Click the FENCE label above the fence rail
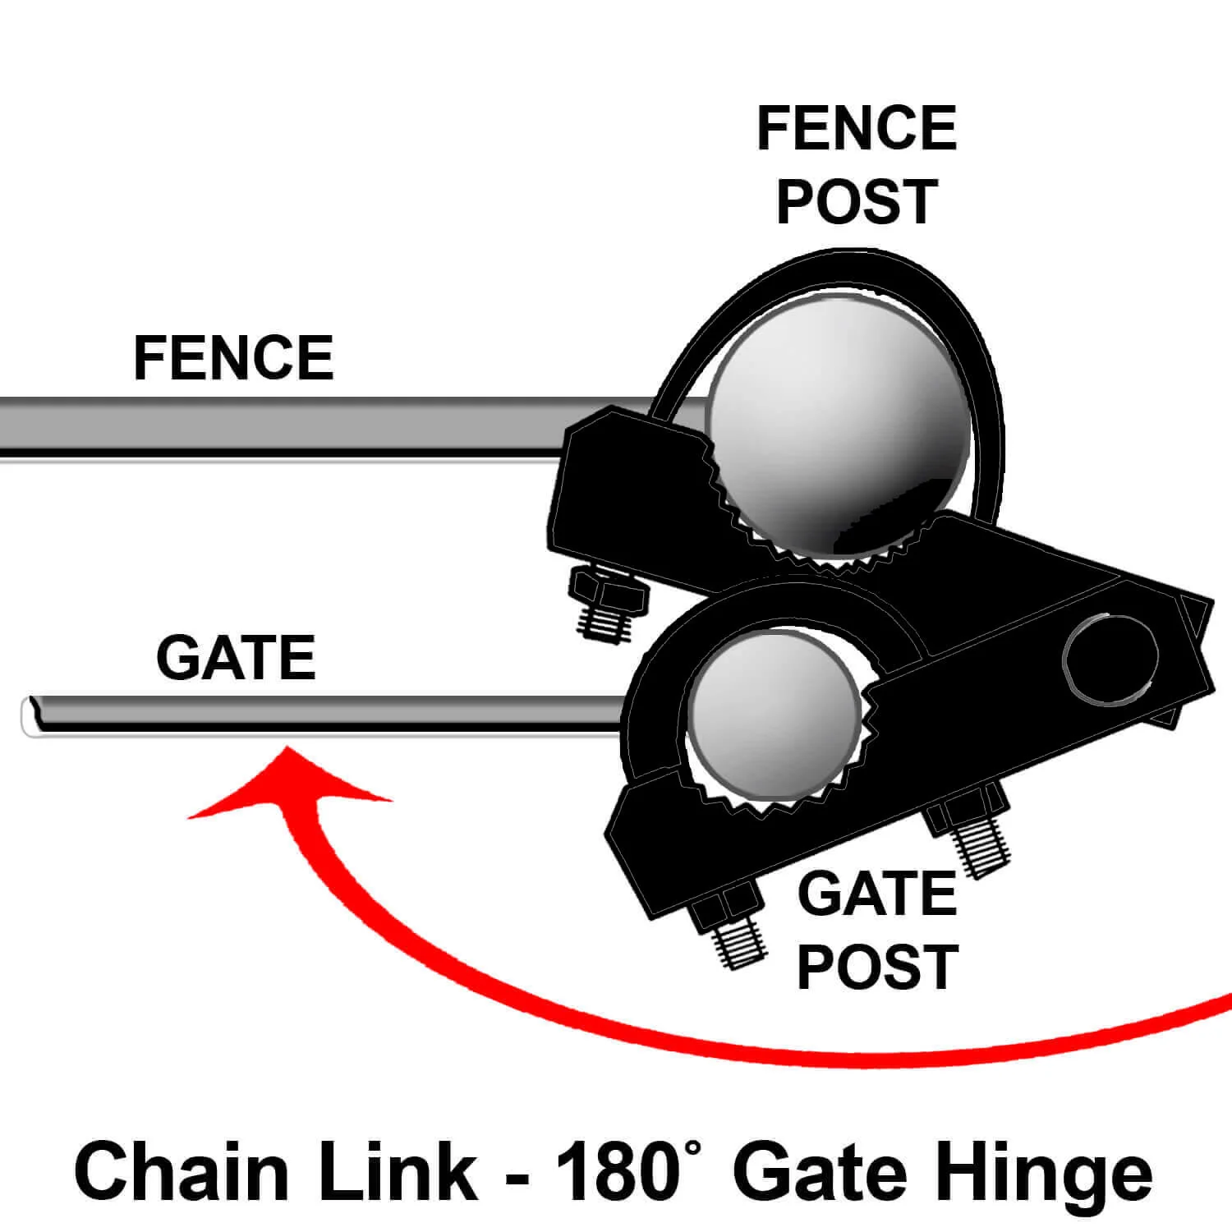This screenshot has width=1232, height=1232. point(233,358)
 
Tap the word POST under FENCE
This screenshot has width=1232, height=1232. point(857,202)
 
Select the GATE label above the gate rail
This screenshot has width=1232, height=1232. point(236,658)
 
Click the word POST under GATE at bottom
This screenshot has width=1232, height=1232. point(877,967)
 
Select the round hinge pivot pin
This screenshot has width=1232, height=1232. point(1110,658)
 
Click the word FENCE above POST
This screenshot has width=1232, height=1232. point(857,128)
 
